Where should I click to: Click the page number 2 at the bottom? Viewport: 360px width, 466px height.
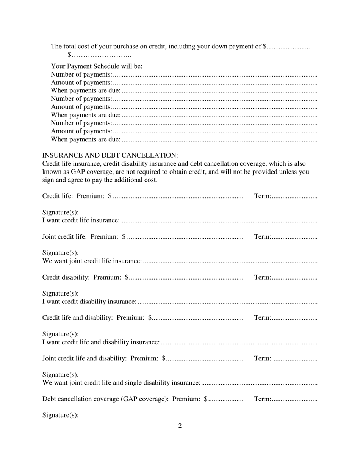(180, 426)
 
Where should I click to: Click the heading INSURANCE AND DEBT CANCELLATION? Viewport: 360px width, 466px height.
(110, 155)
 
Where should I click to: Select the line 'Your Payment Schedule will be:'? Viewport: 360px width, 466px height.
(97, 66)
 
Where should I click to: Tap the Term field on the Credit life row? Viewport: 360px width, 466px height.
(294, 196)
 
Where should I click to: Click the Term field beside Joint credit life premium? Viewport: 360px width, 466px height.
(294, 237)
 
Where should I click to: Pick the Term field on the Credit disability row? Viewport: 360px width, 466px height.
(294, 277)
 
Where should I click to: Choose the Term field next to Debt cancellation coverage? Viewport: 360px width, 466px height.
(294, 399)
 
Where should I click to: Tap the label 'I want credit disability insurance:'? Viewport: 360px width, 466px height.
(89, 302)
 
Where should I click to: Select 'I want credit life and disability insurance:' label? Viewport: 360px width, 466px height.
(101, 342)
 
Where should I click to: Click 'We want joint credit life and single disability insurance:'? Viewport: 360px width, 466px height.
(121, 383)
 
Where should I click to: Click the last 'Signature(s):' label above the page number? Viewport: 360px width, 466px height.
(61, 415)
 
